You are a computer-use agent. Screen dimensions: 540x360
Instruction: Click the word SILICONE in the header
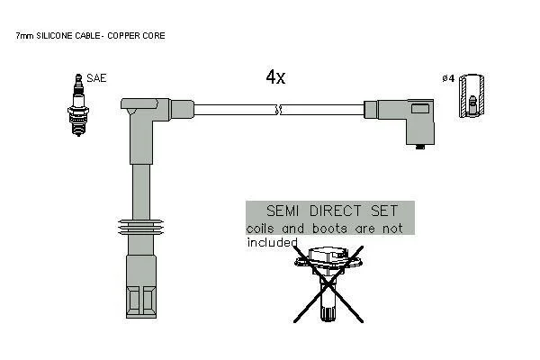[54, 35]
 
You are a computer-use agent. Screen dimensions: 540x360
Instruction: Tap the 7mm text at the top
[24, 35]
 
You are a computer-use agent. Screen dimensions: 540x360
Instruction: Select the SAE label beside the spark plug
[96, 78]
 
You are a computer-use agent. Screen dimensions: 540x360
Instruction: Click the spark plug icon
[78, 104]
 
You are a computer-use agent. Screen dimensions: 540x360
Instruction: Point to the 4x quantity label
[275, 76]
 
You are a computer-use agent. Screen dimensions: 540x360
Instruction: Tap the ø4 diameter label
[448, 78]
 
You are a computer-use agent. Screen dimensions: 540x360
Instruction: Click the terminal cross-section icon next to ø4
[472, 95]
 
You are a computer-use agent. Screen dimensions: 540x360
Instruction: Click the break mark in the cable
[279, 110]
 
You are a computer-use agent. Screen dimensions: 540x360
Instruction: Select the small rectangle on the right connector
[420, 109]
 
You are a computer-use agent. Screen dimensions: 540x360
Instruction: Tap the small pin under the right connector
[419, 147]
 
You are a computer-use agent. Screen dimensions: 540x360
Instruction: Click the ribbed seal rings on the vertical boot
[140, 228]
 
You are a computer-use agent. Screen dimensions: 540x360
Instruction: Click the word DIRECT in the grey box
[335, 211]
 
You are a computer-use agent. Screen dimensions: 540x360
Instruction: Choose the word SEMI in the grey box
[283, 211]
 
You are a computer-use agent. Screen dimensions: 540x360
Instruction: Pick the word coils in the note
[260, 229]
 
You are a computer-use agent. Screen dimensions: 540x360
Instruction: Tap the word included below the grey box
[272, 242]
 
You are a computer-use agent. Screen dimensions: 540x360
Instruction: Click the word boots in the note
[330, 229]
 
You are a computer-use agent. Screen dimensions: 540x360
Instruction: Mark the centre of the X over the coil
[328, 283]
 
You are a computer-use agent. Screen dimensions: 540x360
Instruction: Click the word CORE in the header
[154, 35]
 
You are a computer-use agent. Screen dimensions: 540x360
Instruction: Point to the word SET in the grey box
[384, 211]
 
